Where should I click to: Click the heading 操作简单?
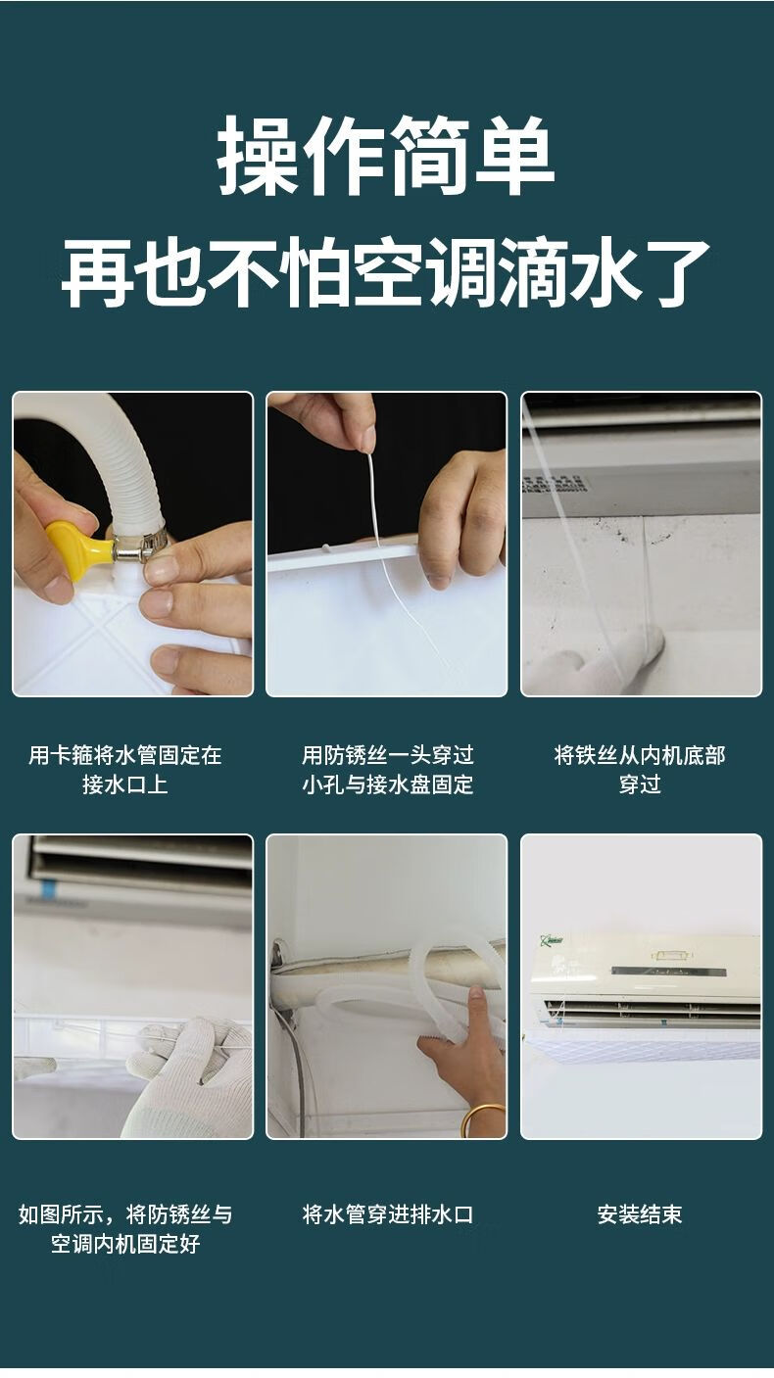click(386, 156)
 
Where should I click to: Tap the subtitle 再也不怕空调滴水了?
click(386, 272)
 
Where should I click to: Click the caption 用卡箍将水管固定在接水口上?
click(124, 770)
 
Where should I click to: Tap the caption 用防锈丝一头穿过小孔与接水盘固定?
click(387, 770)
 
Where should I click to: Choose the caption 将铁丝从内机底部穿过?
click(640, 770)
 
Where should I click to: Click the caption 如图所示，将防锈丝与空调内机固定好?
click(124, 1229)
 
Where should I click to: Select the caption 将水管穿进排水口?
click(387, 1215)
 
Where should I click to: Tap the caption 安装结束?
click(640, 1215)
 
